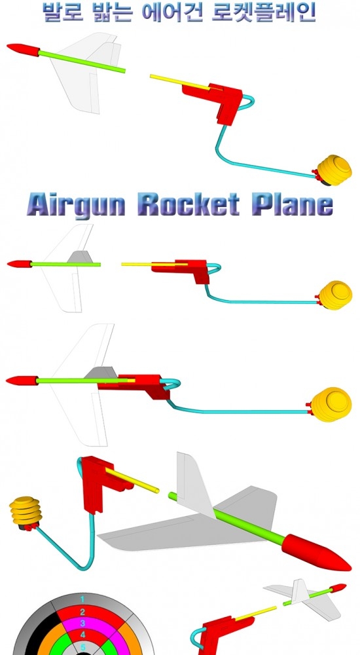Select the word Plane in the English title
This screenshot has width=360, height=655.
293,204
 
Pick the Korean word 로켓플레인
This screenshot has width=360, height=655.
263,12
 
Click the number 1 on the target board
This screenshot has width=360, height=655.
82,599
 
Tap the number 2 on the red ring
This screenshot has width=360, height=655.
82,612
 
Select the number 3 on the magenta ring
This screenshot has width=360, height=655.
82,624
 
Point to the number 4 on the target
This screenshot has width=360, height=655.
82,635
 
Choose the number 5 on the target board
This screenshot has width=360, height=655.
82,648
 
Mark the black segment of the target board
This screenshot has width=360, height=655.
35,631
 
